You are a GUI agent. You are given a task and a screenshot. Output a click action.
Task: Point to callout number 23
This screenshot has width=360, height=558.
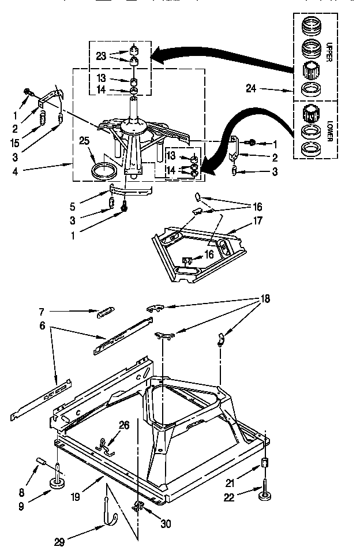coord(101,57)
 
